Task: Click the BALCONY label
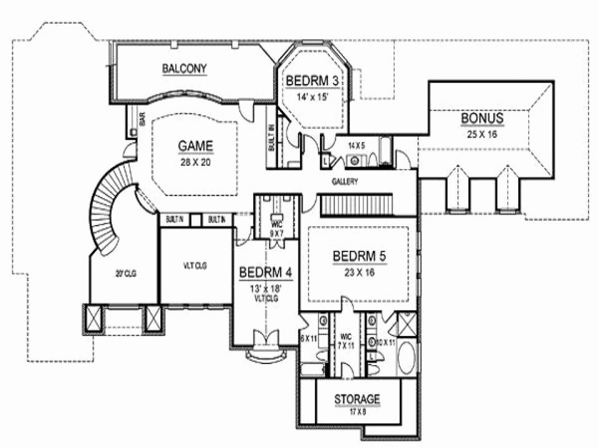(x=185, y=69)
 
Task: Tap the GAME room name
(x=196, y=146)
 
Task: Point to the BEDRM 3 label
(x=304, y=80)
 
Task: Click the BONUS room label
(x=482, y=118)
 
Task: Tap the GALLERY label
(x=344, y=181)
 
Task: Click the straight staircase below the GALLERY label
(x=356, y=204)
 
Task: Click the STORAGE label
(x=357, y=399)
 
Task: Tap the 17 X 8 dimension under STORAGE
(x=357, y=411)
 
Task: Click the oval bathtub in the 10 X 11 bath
(x=407, y=358)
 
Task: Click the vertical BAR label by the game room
(x=142, y=120)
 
